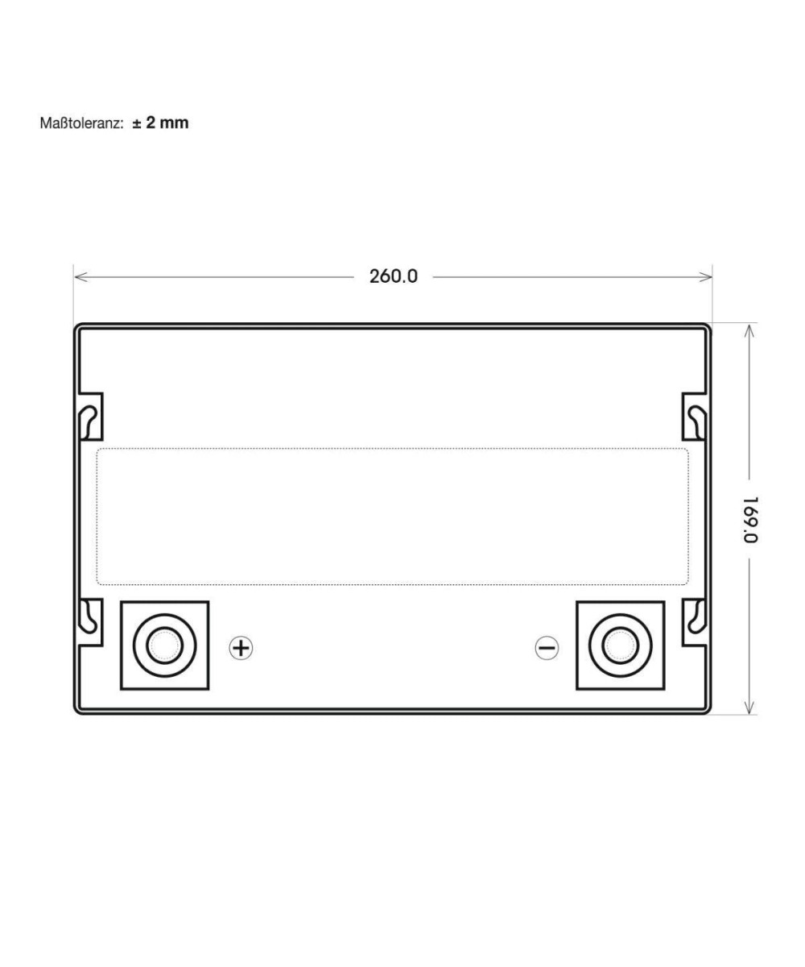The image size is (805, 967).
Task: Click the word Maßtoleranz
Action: (81, 123)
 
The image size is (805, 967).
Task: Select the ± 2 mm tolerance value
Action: (160, 122)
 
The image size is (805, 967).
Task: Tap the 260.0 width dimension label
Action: (394, 276)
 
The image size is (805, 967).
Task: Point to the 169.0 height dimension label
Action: (749, 520)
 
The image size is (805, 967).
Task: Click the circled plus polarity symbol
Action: (241, 648)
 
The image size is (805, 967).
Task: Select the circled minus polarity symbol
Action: (547, 647)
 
